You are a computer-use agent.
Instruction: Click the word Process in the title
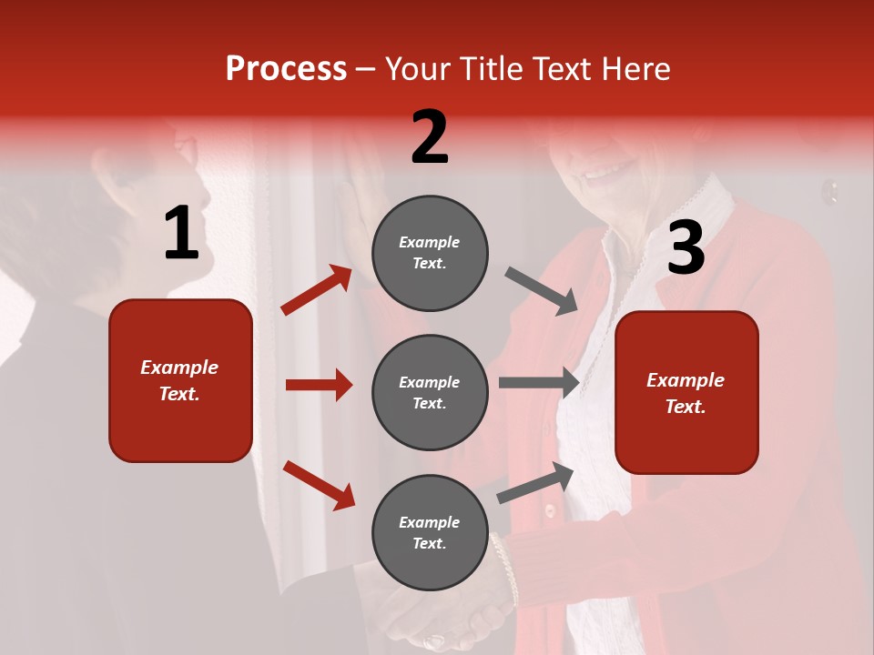point(286,68)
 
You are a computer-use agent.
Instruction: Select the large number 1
point(181,234)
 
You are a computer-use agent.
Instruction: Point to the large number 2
point(430,137)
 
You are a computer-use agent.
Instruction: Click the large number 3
point(686,248)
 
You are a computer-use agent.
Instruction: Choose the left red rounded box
point(180,380)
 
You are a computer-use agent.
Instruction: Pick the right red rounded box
point(686,392)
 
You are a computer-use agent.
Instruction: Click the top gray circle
point(430,252)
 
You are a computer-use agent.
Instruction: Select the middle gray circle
point(430,392)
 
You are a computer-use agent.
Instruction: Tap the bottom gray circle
point(430,532)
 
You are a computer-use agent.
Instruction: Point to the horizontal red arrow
point(319,385)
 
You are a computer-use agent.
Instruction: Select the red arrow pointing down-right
point(319,484)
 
